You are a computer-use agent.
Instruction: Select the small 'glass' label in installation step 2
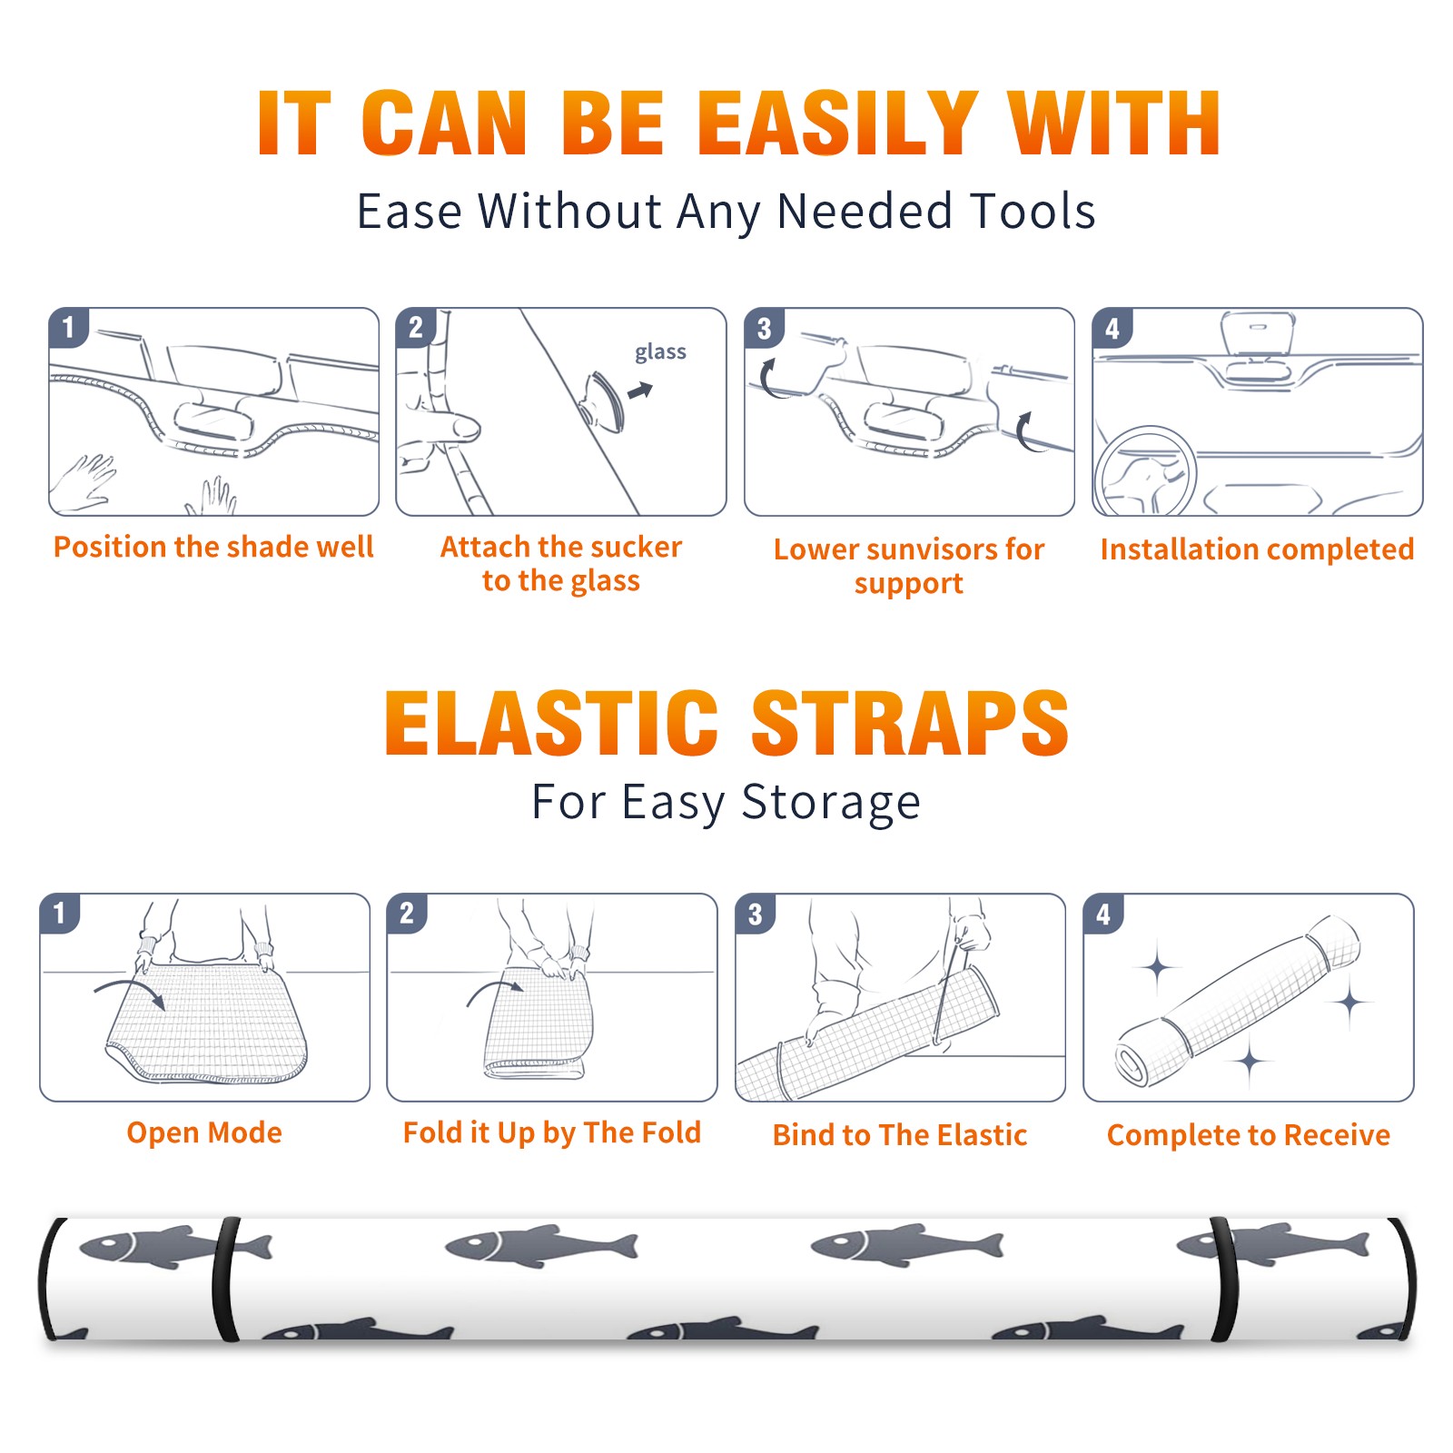pyautogui.click(x=660, y=352)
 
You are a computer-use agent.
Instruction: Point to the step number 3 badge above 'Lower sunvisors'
pyautogui.click(x=764, y=327)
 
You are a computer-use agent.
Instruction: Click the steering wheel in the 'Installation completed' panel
pyautogui.click(x=1146, y=472)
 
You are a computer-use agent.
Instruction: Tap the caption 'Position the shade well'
pyautogui.click(x=213, y=547)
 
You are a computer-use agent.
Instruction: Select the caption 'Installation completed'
pyautogui.click(x=1257, y=549)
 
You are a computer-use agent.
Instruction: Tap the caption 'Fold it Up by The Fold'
pyautogui.click(x=552, y=1132)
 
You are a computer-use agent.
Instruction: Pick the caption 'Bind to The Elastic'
pyautogui.click(x=900, y=1135)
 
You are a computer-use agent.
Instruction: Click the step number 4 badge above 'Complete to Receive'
pyautogui.click(x=1103, y=913)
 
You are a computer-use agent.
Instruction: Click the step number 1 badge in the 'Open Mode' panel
pyautogui.click(x=60, y=913)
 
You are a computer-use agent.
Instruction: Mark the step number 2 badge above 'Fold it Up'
pyautogui.click(x=407, y=913)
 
